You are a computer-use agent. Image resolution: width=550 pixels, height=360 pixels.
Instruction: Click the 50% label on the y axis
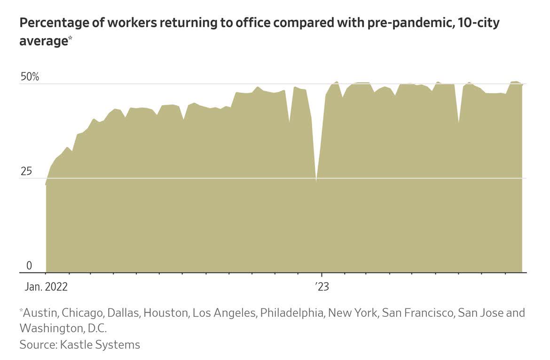pyautogui.click(x=29, y=77)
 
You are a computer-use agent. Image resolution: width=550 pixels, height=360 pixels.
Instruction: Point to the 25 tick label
pyautogui.click(x=26, y=172)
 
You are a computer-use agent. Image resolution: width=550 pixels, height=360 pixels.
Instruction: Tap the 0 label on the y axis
pyautogui.click(x=29, y=266)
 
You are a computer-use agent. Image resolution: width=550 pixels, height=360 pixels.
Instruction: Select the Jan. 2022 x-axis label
pyautogui.click(x=44, y=287)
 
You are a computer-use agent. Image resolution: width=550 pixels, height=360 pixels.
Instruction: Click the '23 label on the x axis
pyautogui.click(x=322, y=287)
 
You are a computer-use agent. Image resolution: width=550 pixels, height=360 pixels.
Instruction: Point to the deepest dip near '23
pyautogui.click(x=316, y=180)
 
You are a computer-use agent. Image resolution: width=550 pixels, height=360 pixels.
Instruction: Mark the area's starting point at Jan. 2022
pyautogui.click(x=46, y=185)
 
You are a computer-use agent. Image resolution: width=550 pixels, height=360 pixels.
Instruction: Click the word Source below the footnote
pyautogui.click(x=37, y=344)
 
